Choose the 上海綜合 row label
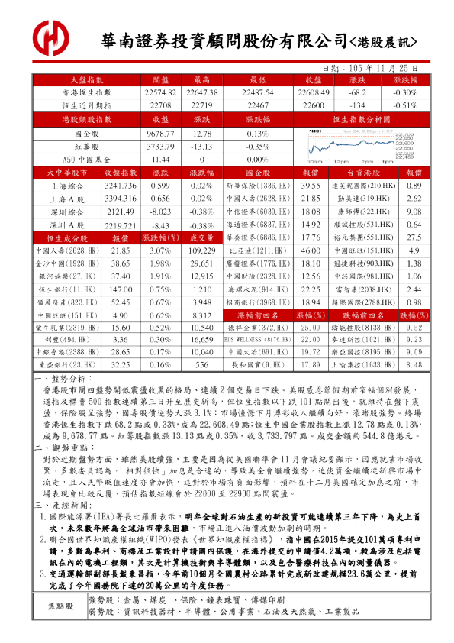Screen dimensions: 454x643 point(67,186)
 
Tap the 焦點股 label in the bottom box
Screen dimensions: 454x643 point(62,606)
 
